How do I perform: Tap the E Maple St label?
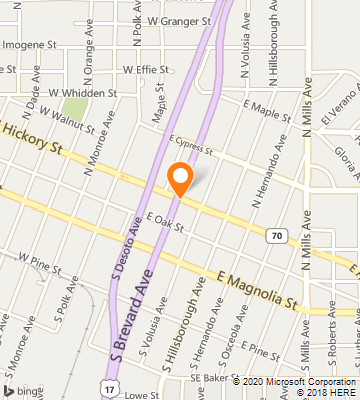point(266,104)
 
